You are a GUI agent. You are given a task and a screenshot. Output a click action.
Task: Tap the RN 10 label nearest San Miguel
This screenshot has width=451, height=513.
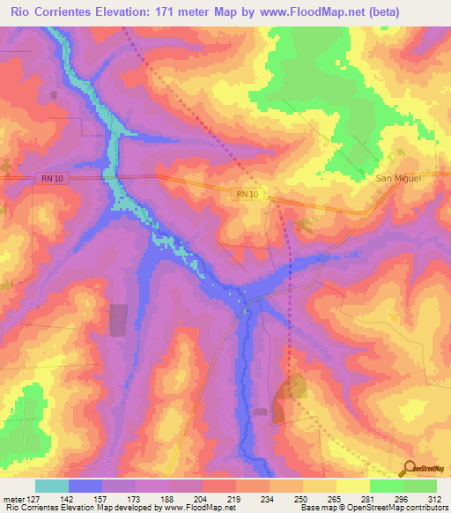[248, 194]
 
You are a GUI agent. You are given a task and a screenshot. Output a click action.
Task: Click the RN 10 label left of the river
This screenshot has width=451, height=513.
[51, 178]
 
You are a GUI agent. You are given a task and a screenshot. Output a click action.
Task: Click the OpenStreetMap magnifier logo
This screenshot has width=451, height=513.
[410, 468]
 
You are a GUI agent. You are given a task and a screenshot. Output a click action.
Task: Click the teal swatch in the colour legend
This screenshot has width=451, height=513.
[52, 486]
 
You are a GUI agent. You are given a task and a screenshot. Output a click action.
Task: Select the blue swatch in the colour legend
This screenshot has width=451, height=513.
[85, 486]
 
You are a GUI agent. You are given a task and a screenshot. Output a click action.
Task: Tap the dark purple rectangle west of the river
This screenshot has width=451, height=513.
[117, 319]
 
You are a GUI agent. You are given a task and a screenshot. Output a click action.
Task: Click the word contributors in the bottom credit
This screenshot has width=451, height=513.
[425, 508]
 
